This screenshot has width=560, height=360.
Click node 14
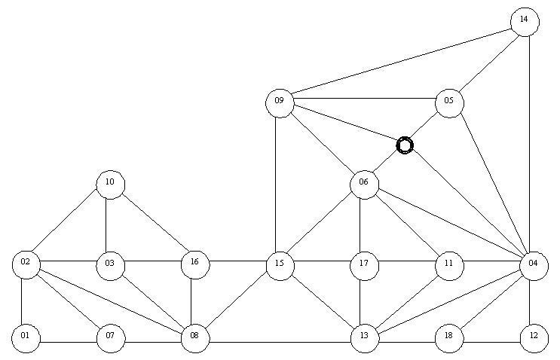(525, 22)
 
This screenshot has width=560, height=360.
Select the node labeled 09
(280, 103)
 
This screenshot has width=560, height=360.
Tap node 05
(450, 103)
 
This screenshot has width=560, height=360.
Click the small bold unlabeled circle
(405, 145)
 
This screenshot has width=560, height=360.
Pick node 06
(364, 185)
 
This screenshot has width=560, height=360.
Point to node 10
(111, 185)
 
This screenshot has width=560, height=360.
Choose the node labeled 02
(26, 265)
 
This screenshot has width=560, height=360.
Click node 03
(111, 266)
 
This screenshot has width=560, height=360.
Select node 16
(195, 265)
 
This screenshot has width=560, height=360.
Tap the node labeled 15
(280, 266)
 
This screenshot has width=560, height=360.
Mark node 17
(364, 266)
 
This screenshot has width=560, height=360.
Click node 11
(450, 266)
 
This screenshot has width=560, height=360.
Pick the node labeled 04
(534, 266)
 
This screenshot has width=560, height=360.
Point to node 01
(26, 338)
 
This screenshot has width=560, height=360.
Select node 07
(111, 338)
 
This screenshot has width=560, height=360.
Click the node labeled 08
(195, 338)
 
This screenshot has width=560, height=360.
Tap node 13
(365, 338)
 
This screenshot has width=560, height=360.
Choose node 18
(449, 338)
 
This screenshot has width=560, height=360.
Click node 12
(534, 338)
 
